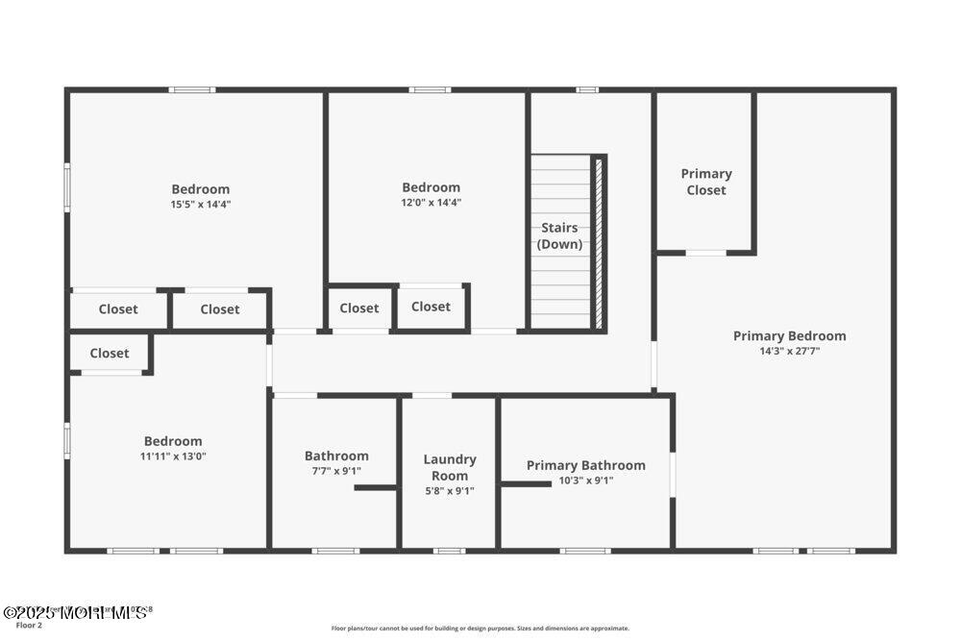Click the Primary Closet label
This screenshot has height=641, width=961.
pyautogui.click(x=706, y=182)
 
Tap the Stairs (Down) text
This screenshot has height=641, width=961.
pyautogui.click(x=559, y=235)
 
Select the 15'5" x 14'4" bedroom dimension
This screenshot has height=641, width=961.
pyautogui.click(x=201, y=205)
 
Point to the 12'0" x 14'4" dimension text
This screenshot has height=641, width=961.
pyautogui.click(x=431, y=203)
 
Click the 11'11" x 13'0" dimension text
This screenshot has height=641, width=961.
pyautogui.click(x=173, y=456)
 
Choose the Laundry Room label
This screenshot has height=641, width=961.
pyautogui.click(x=450, y=467)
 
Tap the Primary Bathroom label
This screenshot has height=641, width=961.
pyautogui.click(x=585, y=465)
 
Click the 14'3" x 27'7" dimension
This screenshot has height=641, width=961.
pyautogui.click(x=789, y=352)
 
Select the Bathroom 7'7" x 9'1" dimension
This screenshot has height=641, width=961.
pyautogui.click(x=336, y=471)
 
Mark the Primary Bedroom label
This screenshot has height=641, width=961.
pyautogui.click(x=789, y=335)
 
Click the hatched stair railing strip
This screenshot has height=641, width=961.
pyautogui.click(x=598, y=242)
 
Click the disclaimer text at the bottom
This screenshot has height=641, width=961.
pyautogui.click(x=480, y=628)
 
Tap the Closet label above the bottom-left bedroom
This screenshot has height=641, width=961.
pyautogui.click(x=110, y=353)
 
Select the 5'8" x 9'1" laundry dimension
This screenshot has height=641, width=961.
pyautogui.click(x=450, y=491)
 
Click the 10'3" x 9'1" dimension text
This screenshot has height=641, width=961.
pyautogui.click(x=585, y=481)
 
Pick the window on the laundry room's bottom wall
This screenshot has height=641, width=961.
pyautogui.click(x=449, y=551)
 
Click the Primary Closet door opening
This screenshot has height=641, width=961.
pyautogui.click(x=705, y=253)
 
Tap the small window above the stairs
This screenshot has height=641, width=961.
pyautogui.click(x=586, y=90)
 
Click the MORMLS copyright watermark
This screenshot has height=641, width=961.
pyautogui.click(x=77, y=611)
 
